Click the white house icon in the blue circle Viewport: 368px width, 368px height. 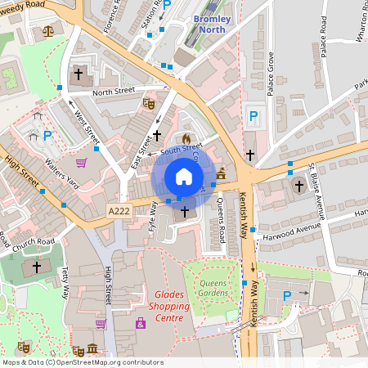[184, 176]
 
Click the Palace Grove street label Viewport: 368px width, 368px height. [271, 73]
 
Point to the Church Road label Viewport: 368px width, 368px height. [34, 242]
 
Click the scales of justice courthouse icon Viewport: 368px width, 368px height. [47, 31]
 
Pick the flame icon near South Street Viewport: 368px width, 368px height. [186, 138]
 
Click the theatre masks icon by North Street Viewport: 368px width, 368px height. [148, 104]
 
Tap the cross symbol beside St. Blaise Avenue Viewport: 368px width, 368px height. [299, 186]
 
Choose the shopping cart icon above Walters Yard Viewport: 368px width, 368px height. [80, 163]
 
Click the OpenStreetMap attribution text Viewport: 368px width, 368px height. [82, 361]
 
